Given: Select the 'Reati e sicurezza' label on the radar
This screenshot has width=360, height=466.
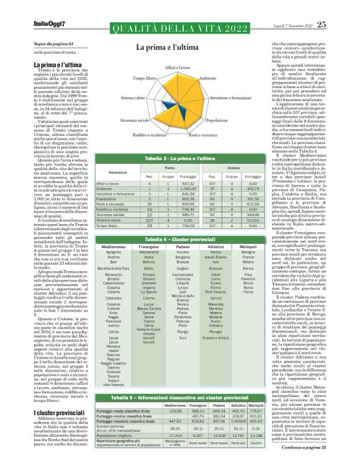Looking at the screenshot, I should (x=202, y=134).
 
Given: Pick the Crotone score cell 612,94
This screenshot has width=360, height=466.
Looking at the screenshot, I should (x=252, y=204).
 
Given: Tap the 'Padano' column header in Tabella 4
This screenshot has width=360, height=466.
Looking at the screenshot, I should (x=200, y=246).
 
